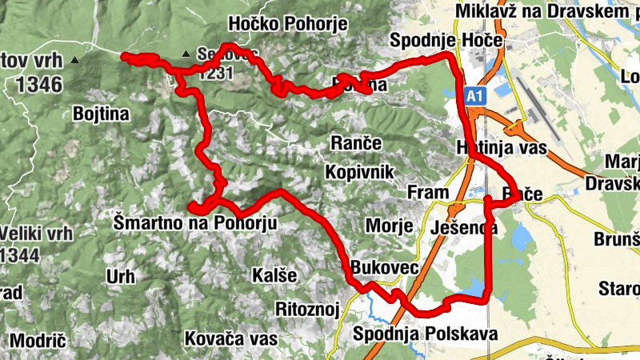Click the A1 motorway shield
point(475,96)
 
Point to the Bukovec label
point(384,268)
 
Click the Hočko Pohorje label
point(287,24)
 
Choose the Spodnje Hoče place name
point(446,40)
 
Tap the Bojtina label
point(101,114)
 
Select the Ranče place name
point(356,142)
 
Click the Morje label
point(389,226)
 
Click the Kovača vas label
point(230,338)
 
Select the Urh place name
point(121,277)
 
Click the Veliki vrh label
point(37,234)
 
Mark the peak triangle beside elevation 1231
point(186,54)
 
